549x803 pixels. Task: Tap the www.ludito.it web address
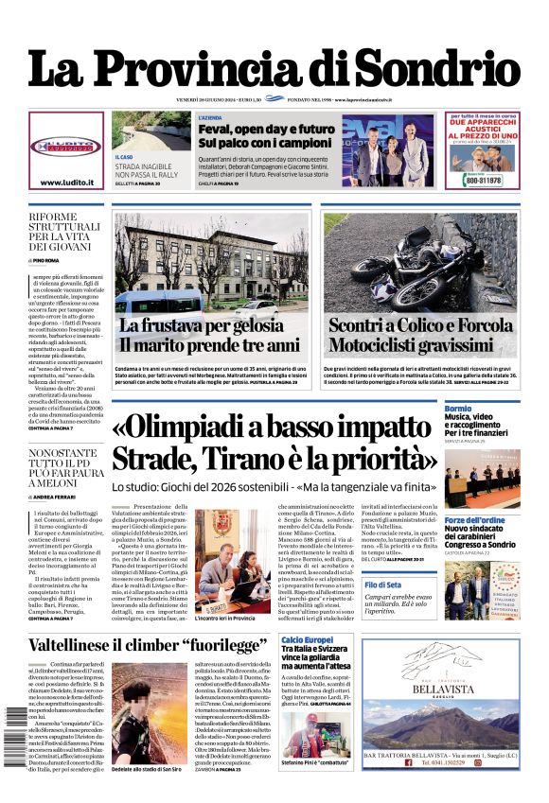[65, 183]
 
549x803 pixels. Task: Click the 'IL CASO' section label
[124, 157]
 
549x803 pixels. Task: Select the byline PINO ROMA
[46, 259]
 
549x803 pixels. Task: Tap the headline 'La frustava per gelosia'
[201, 324]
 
